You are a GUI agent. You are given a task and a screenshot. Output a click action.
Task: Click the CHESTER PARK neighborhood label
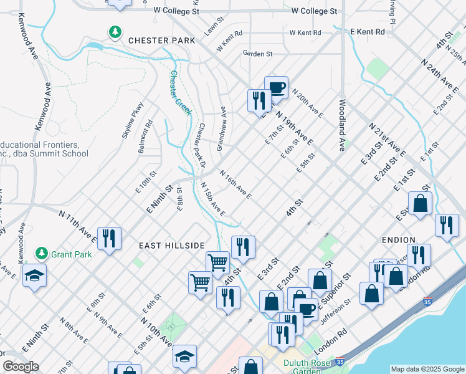(x=161, y=41)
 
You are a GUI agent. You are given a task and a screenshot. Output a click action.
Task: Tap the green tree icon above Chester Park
(x=115, y=31)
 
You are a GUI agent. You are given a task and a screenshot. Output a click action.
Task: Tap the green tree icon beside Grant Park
(x=41, y=253)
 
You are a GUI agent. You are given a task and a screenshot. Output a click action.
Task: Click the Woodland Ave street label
(x=342, y=125)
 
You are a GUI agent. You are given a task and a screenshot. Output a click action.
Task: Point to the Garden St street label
(x=258, y=54)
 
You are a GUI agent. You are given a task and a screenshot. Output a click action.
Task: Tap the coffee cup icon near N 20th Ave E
(x=276, y=87)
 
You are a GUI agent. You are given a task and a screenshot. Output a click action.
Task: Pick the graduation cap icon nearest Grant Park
(x=34, y=274)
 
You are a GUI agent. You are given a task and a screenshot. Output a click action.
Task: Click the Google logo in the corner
(x=21, y=367)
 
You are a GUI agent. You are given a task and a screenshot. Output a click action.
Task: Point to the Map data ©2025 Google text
(x=427, y=369)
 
